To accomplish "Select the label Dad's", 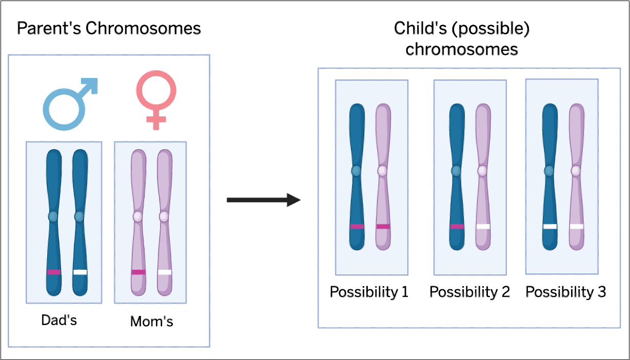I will pyautogui.click(x=59, y=321).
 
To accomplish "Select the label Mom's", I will pyautogui.click(x=151, y=322).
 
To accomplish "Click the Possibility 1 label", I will pyautogui.click(x=369, y=292).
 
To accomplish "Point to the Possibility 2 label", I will pyautogui.click(x=469, y=292).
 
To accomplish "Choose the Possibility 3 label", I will pyautogui.click(x=566, y=292).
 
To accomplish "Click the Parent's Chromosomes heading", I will pyautogui.click(x=109, y=28).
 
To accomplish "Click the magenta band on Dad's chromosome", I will pyautogui.click(x=54, y=272).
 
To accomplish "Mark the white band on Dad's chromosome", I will pyautogui.click(x=80, y=272).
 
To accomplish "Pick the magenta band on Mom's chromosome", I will pyautogui.click(x=138, y=272).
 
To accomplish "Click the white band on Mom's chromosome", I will pyautogui.click(x=165, y=272).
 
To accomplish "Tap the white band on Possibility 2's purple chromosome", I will pyautogui.click(x=483, y=226).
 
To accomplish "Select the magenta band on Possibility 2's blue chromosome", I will pyautogui.click(x=457, y=226).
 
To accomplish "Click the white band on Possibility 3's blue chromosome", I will pyautogui.click(x=550, y=226).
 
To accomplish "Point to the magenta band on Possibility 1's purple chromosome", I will pyautogui.click(x=383, y=226).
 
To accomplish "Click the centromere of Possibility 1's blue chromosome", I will pyautogui.click(x=357, y=171).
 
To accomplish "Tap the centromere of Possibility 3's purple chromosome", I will pyautogui.click(x=576, y=171).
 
